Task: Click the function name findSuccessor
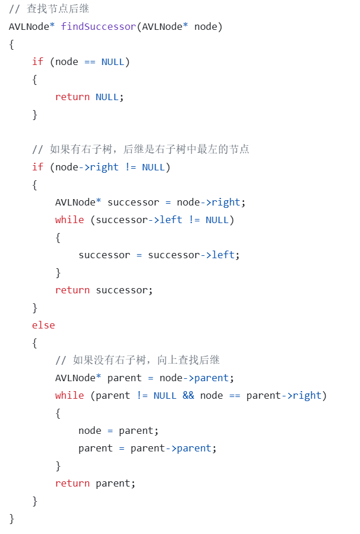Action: [98, 26]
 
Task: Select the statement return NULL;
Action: [89, 97]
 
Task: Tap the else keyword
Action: [43, 325]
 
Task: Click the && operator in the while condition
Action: [188, 395]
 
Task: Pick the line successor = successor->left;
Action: [159, 255]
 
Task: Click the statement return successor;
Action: [104, 290]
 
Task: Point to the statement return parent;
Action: [95, 483]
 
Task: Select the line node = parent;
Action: [118, 430]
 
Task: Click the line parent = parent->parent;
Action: [147, 448]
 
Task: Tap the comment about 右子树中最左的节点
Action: [140, 149]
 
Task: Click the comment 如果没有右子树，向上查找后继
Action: [138, 360]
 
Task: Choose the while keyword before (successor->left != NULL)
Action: [69, 220]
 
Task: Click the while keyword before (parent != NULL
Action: [69, 395]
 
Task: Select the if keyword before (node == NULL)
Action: [37, 61]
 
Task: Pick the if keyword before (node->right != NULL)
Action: [37, 167]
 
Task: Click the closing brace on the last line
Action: [12, 518]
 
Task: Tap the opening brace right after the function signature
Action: [12, 44]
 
